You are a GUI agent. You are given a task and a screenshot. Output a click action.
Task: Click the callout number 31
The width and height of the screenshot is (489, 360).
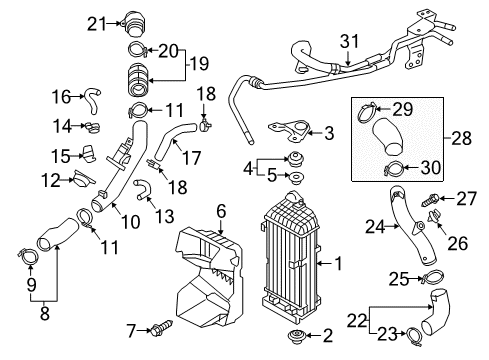click(x=350, y=41)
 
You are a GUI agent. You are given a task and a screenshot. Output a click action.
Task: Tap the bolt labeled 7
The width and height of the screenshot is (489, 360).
click(x=162, y=328)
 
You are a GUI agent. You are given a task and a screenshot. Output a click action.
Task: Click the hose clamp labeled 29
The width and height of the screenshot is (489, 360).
click(x=367, y=111)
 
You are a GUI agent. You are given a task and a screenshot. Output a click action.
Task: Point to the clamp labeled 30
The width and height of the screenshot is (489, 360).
click(x=394, y=168)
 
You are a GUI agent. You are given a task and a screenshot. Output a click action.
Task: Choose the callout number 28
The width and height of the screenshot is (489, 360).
click(x=462, y=138)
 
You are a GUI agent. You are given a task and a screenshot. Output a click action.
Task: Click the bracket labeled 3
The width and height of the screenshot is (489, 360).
click(x=291, y=131)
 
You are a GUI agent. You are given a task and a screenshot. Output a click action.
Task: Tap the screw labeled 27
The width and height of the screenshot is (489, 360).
click(x=431, y=200)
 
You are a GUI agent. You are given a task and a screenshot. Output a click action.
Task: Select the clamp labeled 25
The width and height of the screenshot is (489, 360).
click(x=433, y=277)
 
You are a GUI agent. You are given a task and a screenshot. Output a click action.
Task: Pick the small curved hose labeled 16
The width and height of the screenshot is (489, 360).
click(x=93, y=100)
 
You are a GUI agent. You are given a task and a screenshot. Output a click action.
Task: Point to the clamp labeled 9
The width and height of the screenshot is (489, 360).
click(x=28, y=255)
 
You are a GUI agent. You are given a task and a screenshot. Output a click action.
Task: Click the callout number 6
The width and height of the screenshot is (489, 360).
click(x=221, y=211)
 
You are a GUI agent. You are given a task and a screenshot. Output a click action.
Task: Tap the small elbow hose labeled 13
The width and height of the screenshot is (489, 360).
click(x=143, y=190)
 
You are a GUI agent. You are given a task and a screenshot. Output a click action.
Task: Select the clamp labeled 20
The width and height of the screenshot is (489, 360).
click(x=138, y=50)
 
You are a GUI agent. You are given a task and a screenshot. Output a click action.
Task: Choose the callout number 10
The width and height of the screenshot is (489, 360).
click(x=131, y=222)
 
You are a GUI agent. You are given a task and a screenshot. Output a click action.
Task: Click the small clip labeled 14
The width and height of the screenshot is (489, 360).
click(x=92, y=127)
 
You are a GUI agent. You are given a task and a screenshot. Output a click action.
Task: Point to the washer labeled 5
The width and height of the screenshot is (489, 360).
click(x=295, y=178)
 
